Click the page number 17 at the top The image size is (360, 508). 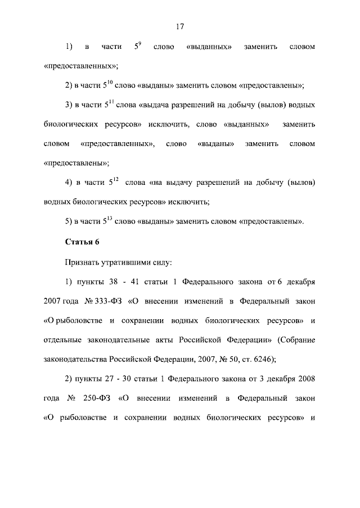click(180, 26)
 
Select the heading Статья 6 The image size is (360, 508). click(82, 242)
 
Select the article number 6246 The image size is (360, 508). click(258, 360)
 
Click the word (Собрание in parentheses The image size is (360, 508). click(295, 340)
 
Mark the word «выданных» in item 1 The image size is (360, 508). click(209, 46)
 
